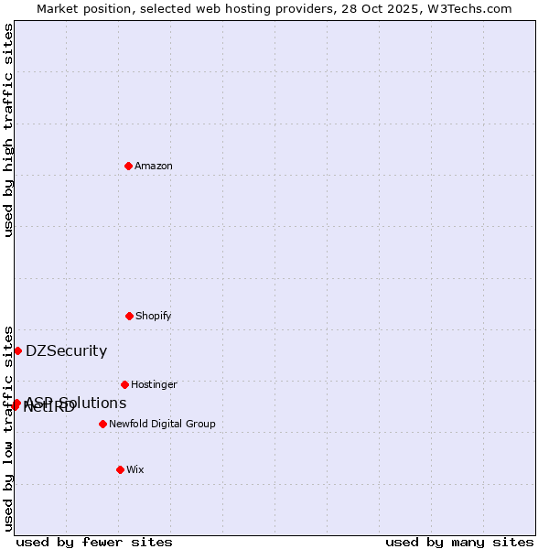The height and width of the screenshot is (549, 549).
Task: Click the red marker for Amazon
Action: (128, 166)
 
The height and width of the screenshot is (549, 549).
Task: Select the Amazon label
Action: (154, 166)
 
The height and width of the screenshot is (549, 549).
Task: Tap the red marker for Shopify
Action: (129, 316)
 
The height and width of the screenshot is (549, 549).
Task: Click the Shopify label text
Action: (154, 316)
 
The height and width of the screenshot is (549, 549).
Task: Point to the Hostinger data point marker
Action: (124, 384)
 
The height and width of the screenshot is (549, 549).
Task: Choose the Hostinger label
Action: (154, 384)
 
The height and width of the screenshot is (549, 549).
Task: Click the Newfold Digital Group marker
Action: (102, 424)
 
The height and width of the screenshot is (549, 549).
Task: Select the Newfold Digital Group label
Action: (162, 424)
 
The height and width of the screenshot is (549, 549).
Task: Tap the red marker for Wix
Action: (120, 469)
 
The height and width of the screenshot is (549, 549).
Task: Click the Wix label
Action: (135, 469)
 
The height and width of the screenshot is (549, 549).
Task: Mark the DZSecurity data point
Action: (17, 350)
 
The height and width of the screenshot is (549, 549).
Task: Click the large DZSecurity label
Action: (66, 350)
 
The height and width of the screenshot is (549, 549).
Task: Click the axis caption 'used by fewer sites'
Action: (94, 542)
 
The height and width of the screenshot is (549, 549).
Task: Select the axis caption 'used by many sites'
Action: (459, 542)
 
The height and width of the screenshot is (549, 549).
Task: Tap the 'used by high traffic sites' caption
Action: (9, 130)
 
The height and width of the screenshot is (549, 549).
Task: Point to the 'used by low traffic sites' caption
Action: (9, 427)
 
